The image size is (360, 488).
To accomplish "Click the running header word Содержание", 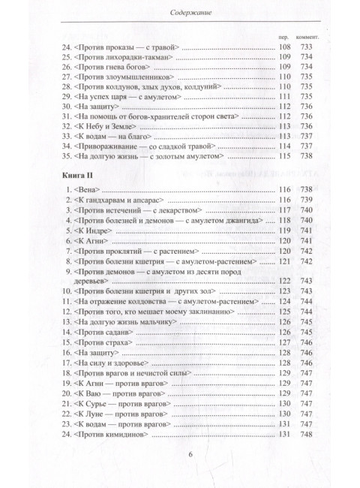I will [x=180, y=11].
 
